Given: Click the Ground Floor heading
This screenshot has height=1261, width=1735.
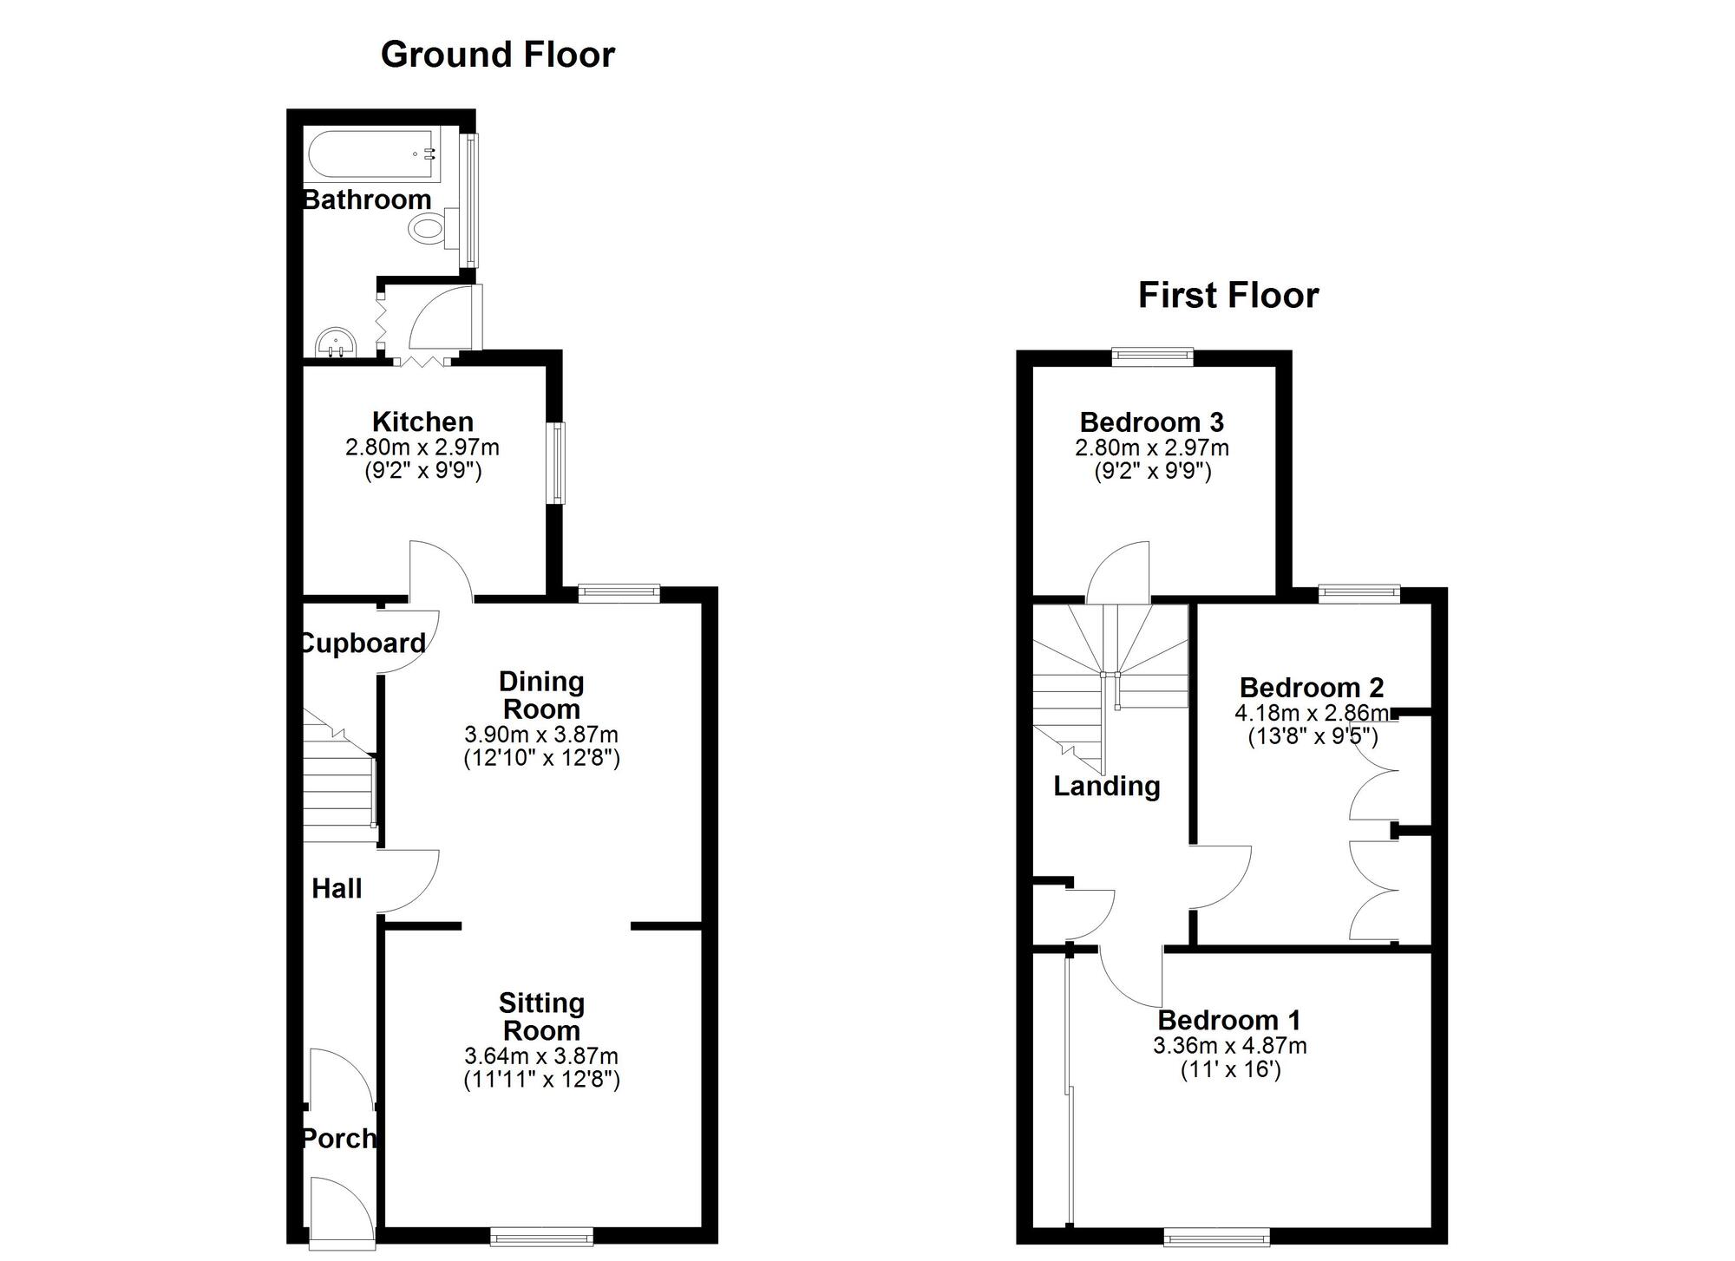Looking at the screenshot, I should pyautogui.click(x=497, y=55).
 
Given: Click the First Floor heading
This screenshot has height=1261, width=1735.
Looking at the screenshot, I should pyautogui.click(x=1228, y=296).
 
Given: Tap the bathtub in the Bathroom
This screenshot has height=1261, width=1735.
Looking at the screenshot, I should pyautogui.click(x=371, y=155).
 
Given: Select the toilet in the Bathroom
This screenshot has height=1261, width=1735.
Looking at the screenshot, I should pyautogui.click(x=428, y=229).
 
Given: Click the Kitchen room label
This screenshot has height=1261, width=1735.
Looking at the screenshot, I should pyautogui.click(x=422, y=422).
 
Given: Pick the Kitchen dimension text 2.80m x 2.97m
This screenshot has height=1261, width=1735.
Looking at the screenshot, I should pyautogui.click(x=422, y=448).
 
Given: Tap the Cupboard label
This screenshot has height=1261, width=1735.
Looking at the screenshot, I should pyautogui.click(x=363, y=644).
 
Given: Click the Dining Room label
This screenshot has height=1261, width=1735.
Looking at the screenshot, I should pyautogui.click(x=541, y=696).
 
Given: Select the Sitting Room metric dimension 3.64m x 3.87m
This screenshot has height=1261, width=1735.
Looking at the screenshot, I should pyautogui.click(x=541, y=1056).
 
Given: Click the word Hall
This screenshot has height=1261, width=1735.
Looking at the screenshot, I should pyautogui.click(x=337, y=889).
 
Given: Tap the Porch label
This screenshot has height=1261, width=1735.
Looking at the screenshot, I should pyautogui.click(x=338, y=1138).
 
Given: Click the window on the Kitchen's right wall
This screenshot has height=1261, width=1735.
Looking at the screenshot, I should pyautogui.click(x=559, y=462).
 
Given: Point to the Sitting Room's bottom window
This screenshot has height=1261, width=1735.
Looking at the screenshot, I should pyautogui.click(x=542, y=1235).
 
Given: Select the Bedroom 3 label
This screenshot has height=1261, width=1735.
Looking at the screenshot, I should pyautogui.click(x=1151, y=422).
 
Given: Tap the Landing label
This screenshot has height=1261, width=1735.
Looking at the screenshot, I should pyautogui.click(x=1106, y=787).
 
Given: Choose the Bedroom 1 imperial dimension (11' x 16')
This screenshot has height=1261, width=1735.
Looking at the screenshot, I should pyautogui.click(x=1230, y=1069).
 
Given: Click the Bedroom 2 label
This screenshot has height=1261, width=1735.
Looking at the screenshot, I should pyautogui.click(x=1311, y=688).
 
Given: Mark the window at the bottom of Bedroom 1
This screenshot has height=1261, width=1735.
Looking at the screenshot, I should pyautogui.click(x=1216, y=1235).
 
